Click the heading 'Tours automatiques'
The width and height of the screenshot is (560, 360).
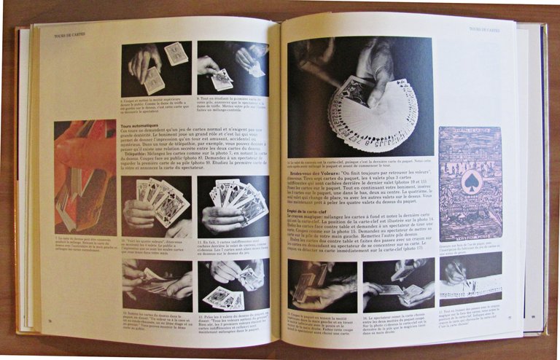click(x=139, y=125)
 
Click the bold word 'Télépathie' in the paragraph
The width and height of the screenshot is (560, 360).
click(x=138, y=152)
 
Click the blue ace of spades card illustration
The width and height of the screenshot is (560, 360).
click(x=470, y=184)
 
